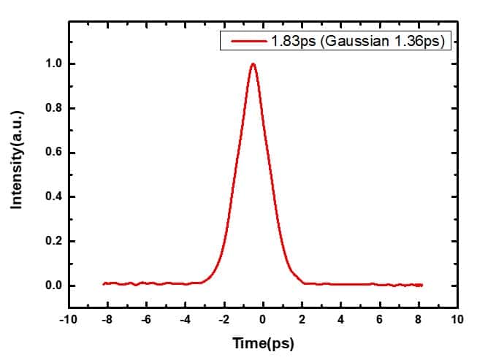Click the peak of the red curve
(253, 64)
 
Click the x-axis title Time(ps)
(262, 342)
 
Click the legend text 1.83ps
(291, 42)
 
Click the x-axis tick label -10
(67, 320)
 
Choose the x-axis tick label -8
(107, 320)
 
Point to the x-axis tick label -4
(185, 320)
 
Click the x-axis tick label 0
(264, 320)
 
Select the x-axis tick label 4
(341, 320)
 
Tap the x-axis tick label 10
(458, 320)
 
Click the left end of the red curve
(104, 283)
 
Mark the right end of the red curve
(422, 285)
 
